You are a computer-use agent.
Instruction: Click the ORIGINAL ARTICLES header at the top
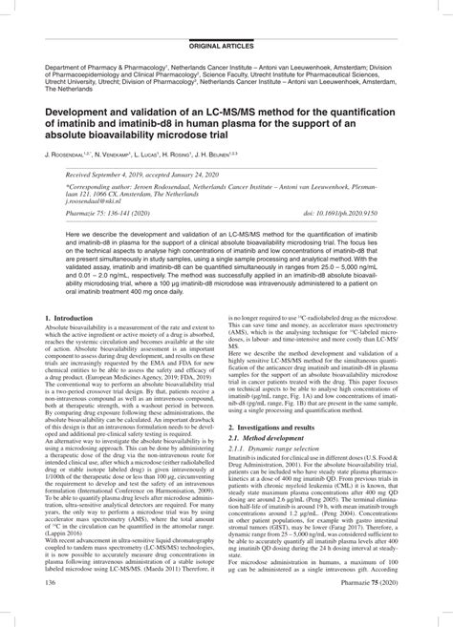click(226, 18)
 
